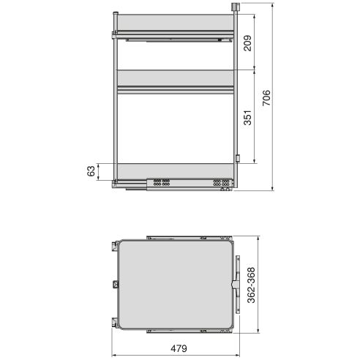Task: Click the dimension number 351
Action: [247, 118]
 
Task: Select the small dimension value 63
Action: [91, 171]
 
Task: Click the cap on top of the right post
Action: [235, 7]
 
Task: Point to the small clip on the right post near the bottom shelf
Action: [239, 158]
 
